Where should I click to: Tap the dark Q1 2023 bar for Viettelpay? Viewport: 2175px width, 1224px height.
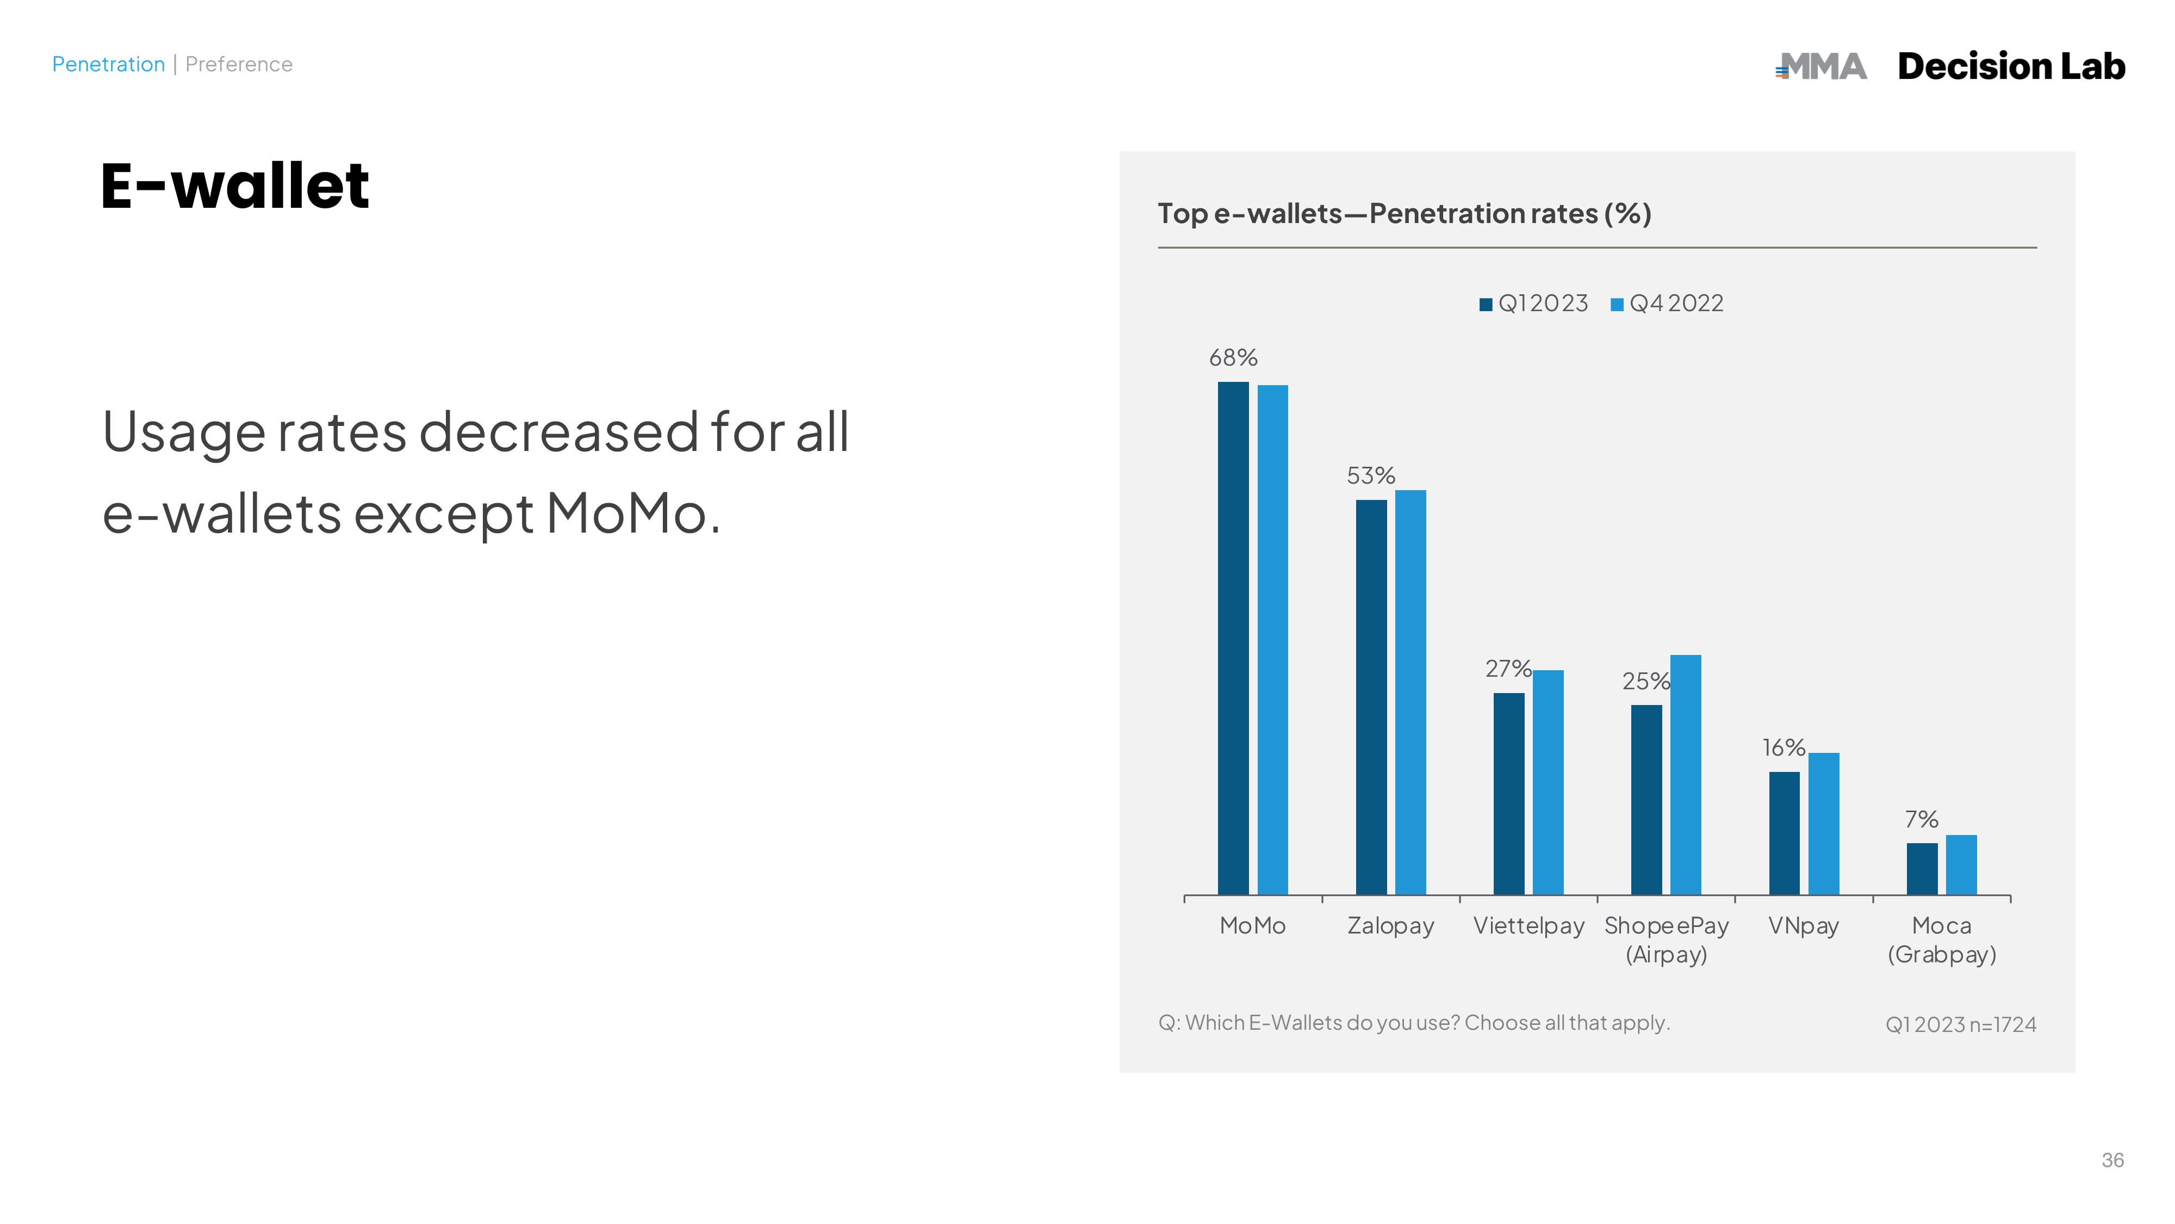(1509, 794)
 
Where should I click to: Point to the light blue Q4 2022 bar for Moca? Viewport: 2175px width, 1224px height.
(1961, 865)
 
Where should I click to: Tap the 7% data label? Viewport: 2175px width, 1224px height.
(1921, 819)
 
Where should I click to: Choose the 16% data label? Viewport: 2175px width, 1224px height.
(1783, 747)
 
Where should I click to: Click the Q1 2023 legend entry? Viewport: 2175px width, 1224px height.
(1533, 303)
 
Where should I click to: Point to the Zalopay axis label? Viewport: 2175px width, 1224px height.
(1390, 926)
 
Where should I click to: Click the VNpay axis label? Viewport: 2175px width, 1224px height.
(1804, 926)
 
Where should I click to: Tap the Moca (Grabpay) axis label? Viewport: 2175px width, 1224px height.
(1942, 940)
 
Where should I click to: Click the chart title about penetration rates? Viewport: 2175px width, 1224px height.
(1404, 214)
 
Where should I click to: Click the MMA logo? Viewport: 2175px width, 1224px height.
(1821, 66)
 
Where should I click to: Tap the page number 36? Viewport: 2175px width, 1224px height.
(2112, 1160)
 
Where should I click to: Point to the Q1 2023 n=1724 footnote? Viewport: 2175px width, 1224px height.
(1961, 1025)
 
